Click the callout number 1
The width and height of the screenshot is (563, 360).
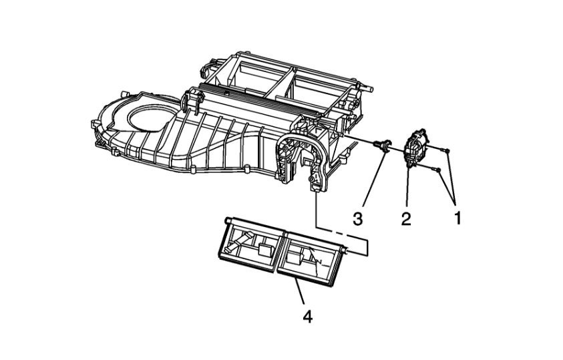[457, 218]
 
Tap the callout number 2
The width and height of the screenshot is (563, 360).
[405, 218]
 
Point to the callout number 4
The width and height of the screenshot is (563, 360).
[307, 316]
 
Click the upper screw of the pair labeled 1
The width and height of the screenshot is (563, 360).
[448, 148]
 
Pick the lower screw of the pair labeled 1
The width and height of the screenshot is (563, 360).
[437, 170]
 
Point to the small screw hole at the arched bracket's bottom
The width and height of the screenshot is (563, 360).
[311, 180]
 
